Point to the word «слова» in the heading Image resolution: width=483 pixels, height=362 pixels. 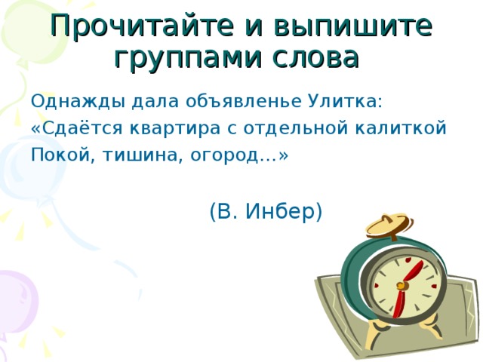pos(315,56)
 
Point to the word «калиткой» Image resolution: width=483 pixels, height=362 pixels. pos(410,127)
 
